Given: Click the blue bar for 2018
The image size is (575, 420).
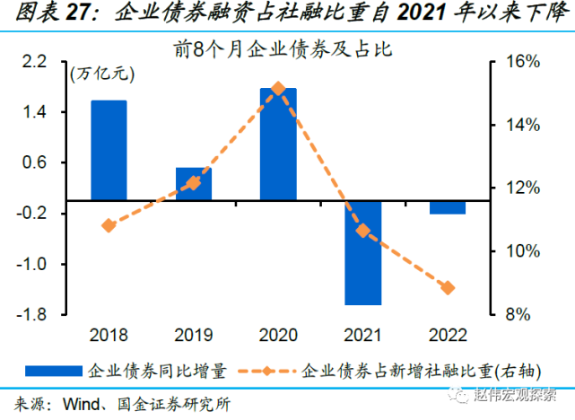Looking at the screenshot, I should click(109, 150).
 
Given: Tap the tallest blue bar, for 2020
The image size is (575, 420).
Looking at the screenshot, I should click(278, 144).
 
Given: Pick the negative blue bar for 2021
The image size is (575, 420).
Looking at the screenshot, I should click(363, 252).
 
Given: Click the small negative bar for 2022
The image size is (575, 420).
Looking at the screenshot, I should click(448, 207).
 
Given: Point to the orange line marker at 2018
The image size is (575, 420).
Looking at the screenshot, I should click(109, 225).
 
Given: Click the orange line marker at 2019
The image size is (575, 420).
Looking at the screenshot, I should click(194, 183).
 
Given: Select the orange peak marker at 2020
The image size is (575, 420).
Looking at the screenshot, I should click(278, 89).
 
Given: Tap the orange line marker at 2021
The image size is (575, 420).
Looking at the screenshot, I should click(363, 231).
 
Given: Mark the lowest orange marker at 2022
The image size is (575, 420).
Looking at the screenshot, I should click(448, 288).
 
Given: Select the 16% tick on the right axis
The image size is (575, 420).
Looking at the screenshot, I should click(520, 62).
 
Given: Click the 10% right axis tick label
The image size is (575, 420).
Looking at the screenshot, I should click(520, 251).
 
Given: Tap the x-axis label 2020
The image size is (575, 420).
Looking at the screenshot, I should click(278, 336).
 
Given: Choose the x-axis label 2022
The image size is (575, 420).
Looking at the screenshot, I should click(448, 336).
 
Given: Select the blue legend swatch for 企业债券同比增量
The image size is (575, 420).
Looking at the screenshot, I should click(54, 370).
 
